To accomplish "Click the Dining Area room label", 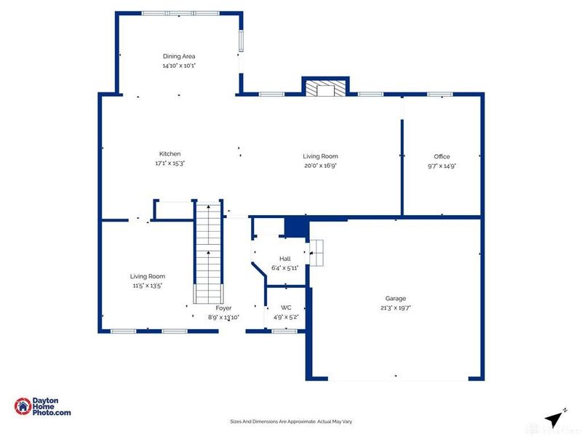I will click(x=178, y=56).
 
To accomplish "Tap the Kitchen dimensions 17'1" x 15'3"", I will click(x=170, y=163).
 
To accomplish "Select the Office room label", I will click(x=442, y=156).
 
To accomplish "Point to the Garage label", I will click(x=396, y=298).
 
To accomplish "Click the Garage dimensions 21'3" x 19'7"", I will click(x=396, y=307).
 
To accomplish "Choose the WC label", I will click(x=286, y=307).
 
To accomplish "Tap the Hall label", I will click(x=285, y=258).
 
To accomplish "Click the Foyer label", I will click(x=223, y=308).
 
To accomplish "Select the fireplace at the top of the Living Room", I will click(x=325, y=89).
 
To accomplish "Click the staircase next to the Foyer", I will click(x=209, y=251).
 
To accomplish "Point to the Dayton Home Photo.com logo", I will click(x=43, y=407).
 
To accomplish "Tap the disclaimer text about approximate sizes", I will click(x=291, y=421).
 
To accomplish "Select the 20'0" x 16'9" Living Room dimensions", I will click(x=320, y=166).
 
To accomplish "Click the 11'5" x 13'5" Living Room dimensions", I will click(x=148, y=286).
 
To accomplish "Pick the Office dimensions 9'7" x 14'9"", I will click(x=442, y=166).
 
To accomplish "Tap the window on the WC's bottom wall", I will click(x=284, y=331).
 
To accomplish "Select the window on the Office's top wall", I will click(x=439, y=94).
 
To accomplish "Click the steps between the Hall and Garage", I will click(x=317, y=254).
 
